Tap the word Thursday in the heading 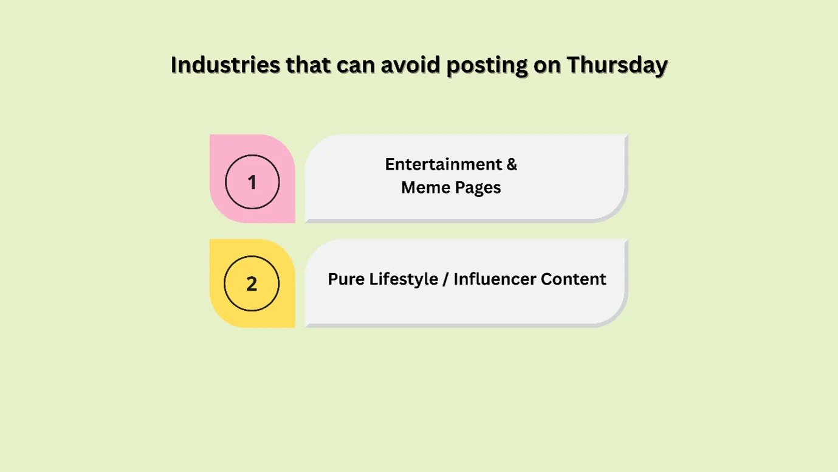(x=617, y=64)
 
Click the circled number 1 (x=252, y=182)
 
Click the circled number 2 (x=252, y=283)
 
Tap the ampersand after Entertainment (x=511, y=164)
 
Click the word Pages (x=478, y=188)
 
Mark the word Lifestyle (x=407, y=279)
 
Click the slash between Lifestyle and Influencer (x=447, y=279)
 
